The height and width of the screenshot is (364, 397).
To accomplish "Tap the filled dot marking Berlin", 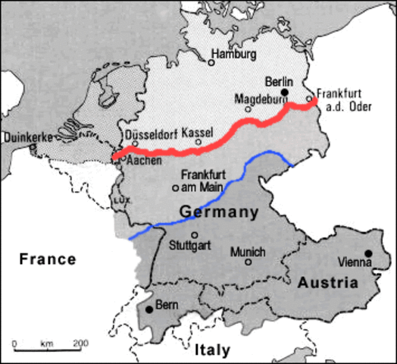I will point(285,92).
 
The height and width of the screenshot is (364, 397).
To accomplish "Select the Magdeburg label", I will point(259,99).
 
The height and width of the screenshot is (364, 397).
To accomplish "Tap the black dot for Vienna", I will point(368,253).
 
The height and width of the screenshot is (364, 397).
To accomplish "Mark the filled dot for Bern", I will point(148,309).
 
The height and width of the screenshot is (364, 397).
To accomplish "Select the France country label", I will point(48,259).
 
